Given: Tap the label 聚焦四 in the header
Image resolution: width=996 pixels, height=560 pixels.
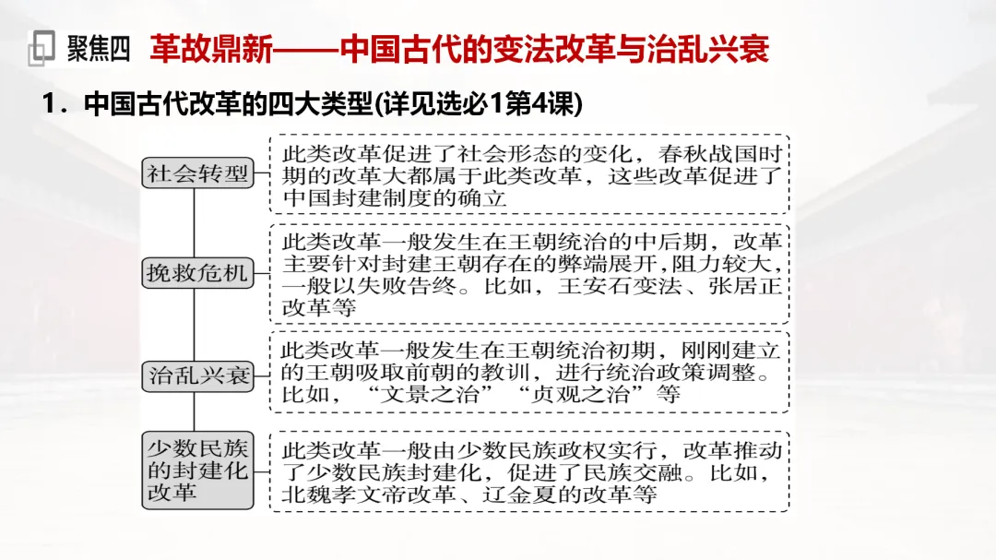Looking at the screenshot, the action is click(99, 48).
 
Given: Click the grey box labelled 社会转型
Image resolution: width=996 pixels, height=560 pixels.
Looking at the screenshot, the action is click(198, 173).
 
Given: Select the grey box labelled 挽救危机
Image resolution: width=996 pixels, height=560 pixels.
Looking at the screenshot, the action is click(198, 274).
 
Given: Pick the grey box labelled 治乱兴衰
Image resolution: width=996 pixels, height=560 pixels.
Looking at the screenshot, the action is click(198, 375).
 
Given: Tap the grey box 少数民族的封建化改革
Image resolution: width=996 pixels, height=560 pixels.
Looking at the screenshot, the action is click(198, 471).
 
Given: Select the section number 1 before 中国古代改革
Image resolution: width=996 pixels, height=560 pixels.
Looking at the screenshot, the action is click(50, 105).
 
